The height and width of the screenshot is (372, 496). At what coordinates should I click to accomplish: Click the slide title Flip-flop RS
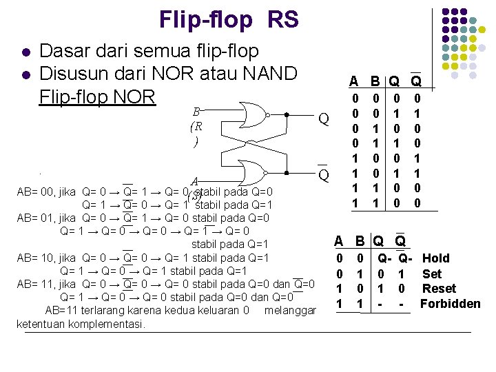point(229,20)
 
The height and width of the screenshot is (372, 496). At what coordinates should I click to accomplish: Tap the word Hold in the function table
point(435,258)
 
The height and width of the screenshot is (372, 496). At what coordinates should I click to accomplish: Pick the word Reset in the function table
point(439,289)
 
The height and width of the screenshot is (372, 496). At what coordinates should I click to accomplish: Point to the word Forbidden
point(450,304)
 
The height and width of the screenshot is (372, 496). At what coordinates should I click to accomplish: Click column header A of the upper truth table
point(353,81)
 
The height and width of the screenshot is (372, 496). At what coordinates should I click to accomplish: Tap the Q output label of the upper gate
point(322,119)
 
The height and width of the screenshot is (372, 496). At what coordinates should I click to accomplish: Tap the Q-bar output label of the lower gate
point(322,175)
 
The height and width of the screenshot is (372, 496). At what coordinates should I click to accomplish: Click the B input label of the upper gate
point(197,112)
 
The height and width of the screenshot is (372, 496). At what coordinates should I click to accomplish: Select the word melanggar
point(289,311)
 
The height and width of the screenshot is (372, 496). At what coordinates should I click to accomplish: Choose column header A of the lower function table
point(338,241)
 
